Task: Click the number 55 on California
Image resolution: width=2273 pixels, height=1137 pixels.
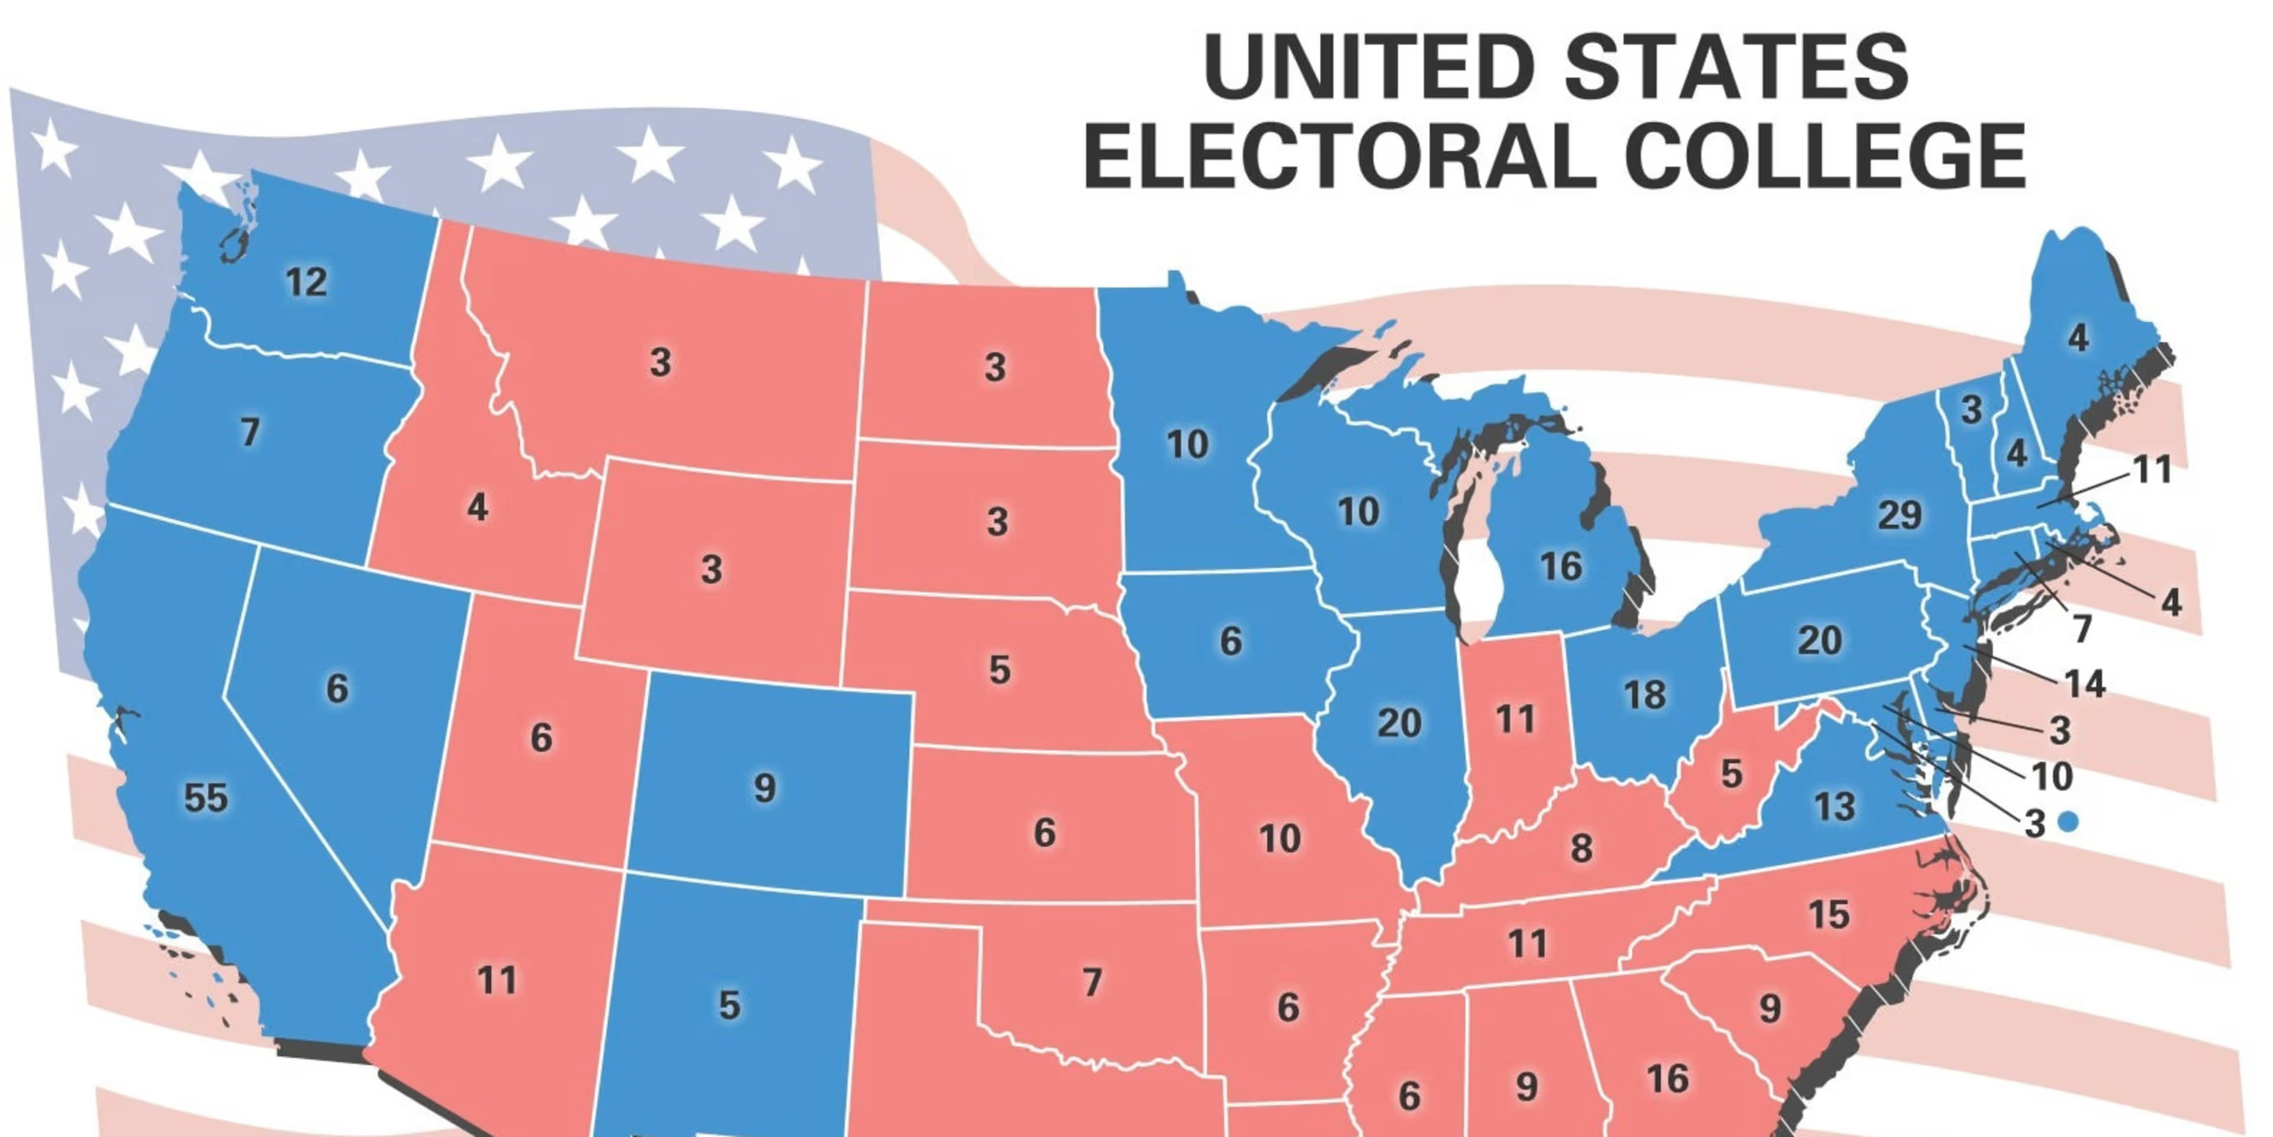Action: (x=205, y=798)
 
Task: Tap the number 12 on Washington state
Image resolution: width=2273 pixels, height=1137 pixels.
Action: (x=306, y=282)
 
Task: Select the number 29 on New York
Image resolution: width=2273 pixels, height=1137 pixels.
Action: (x=1899, y=515)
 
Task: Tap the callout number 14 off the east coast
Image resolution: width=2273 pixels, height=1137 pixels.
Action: (x=2085, y=684)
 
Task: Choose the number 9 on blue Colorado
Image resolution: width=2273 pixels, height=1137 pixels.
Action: (x=765, y=788)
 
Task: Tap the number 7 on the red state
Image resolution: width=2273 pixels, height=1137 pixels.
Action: (x=1092, y=982)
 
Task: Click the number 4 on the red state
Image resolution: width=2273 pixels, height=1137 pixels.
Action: (x=477, y=508)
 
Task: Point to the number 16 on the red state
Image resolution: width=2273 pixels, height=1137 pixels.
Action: (x=1667, y=1079)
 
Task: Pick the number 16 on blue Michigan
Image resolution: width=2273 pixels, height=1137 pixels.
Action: (x=1561, y=567)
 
